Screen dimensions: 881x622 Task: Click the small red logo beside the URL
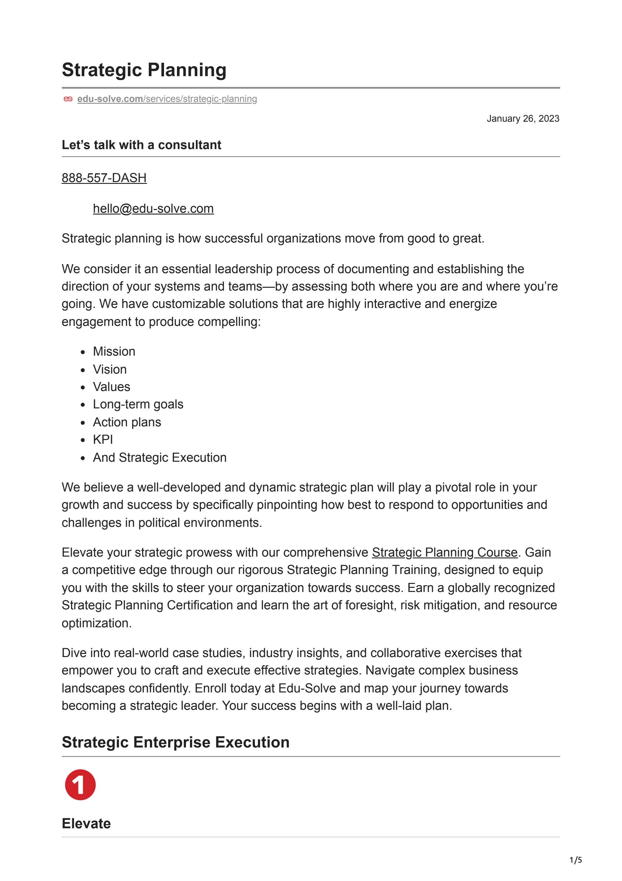click(68, 99)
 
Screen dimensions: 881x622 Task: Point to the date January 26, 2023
click(523, 118)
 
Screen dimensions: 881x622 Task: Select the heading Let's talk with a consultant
click(141, 145)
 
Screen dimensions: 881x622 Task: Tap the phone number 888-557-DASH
click(104, 178)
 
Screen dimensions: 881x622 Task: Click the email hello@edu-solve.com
click(153, 209)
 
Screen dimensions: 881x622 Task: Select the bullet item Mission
click(114, 352)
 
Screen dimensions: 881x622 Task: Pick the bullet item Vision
click(110, 369)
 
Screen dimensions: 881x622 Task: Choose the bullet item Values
click(112, 387)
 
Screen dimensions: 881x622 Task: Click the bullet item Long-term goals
click(138, 405)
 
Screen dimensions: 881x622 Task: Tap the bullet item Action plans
click(127, 422)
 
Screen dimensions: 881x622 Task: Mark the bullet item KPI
click(103, 440)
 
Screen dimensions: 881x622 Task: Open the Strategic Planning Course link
click(444, 552)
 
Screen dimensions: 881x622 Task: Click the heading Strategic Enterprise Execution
click(175, 742)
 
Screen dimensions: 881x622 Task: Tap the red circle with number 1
click(80, 785)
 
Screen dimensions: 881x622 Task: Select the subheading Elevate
click(86, 824)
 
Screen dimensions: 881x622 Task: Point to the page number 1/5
click(575, 860)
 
